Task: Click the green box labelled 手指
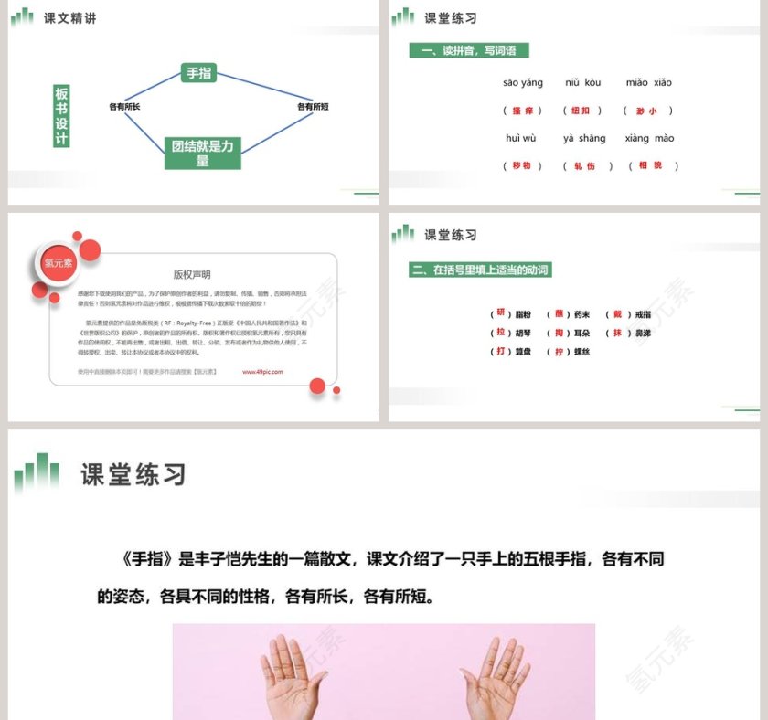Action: tap(198, 73)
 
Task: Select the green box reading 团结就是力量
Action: tap(202, 154)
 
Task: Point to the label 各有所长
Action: tap(124, 107)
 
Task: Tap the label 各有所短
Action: tap(313, 107)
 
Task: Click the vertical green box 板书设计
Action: tap(61, 116)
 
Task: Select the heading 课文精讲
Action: tap(69, 17)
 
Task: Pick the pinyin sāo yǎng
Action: tap(523, 83)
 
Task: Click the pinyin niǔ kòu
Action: tap(583, 83)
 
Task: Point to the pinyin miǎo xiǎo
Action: tap(649, 83)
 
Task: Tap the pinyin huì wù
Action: tap(520, 139)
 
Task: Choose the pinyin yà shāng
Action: tap(584, 139)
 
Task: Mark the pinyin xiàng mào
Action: tap(650, 139)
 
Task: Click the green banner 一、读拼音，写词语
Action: tap(469, 51)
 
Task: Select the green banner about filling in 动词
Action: tap(481, 270)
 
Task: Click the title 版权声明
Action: tap(192, 274)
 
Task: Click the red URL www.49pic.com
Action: tap(263, 372)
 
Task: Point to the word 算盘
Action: tap(525, 352)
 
